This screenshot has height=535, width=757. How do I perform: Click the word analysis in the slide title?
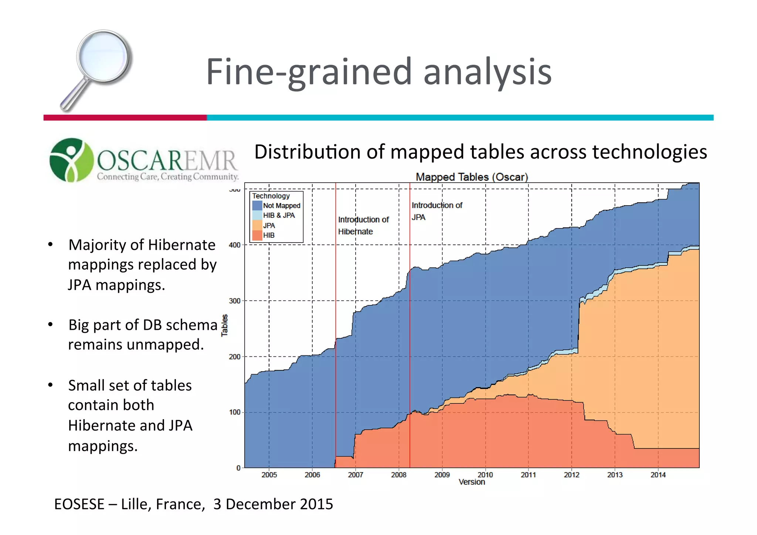coord(487,72)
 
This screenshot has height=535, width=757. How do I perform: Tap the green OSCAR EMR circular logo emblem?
coord(71,160)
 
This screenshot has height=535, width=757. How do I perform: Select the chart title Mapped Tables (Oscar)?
coord(472,177)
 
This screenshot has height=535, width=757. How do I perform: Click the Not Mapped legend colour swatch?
coord(257,206)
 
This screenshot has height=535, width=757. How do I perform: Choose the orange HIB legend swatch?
coord(257,235)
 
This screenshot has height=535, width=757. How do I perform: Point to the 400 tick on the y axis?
coord(234,245)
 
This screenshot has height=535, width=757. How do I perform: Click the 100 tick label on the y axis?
coord(234,412)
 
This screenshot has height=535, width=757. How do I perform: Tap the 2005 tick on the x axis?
coord(269,475)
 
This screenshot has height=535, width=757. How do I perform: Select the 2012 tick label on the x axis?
coord(571,475)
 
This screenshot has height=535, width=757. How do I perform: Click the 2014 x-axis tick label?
coord(658,475)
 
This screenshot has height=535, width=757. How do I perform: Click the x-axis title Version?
coord(472,482)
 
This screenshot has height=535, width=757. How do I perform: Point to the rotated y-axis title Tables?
coord(224,325)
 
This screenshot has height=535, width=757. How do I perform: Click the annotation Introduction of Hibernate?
coord(363,226)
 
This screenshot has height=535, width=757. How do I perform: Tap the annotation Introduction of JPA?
coord(437,211)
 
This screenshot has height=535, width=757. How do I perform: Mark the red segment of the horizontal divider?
coord(125,118)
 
